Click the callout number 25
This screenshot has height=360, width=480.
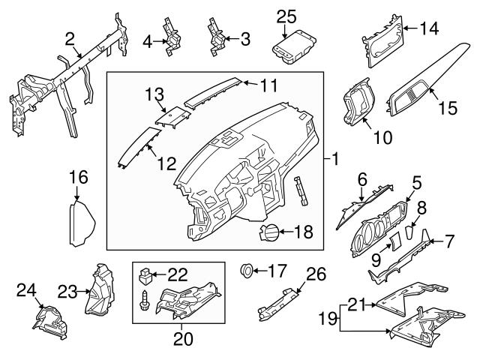click(x=286, y=15)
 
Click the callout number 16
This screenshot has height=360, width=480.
click(x=78, y=178)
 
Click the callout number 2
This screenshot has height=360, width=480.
click(x=69, y=38)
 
